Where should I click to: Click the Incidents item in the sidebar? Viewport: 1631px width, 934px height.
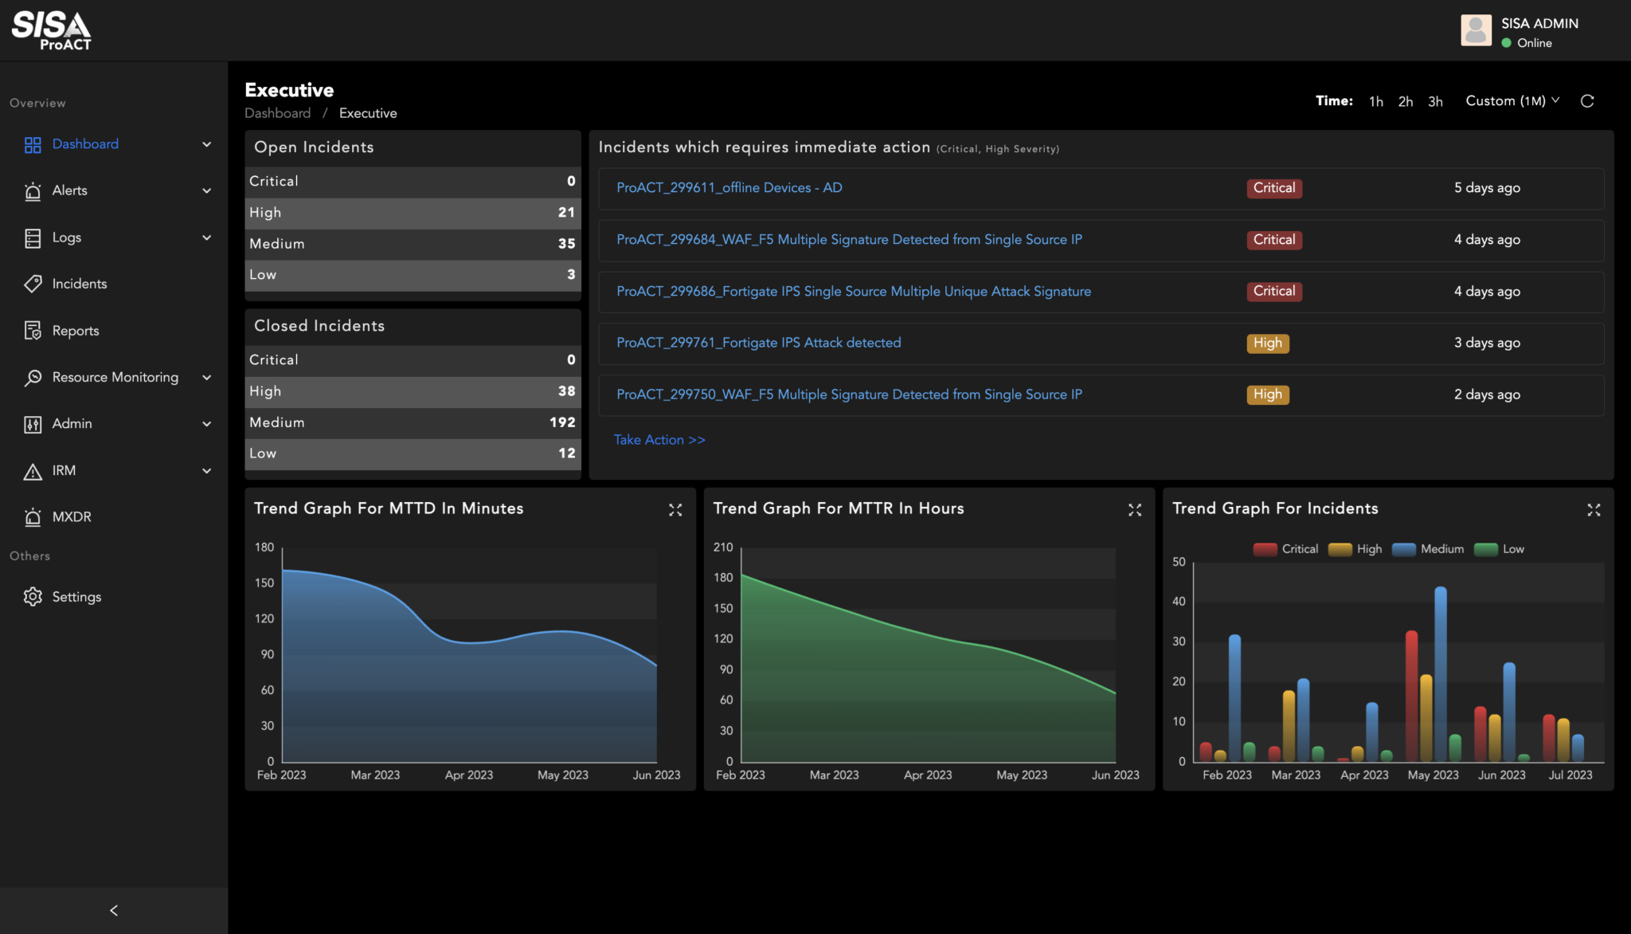pyautogui.click(x=79, y=284)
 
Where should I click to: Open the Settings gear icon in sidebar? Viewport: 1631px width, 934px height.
pyautogui.click(x=33, y=596)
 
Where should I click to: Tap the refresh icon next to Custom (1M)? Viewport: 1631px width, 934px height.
pyautogui.click(x=1586, y=101)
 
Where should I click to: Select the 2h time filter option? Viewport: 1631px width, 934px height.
pyautogui.click(x=1405, y=101)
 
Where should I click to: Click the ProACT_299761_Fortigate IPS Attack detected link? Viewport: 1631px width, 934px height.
pyautogui.click(x=758, y=343)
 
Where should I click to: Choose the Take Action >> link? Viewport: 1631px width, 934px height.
pyautogui.click(x=659, y=440)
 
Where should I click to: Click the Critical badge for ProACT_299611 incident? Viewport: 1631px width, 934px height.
pyautogui.click(x=1273, y=188)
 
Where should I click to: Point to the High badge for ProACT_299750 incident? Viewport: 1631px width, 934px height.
pyautogui.click(x=1267, y=394)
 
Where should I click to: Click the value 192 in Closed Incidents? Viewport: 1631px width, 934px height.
pyautogui.click(x=562, y=422)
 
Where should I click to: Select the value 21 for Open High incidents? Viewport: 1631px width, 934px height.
pyautogui.click(x=566, y=213)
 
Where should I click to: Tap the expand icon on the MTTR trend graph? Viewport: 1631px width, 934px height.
pyautogui.click(x=1134, y=510)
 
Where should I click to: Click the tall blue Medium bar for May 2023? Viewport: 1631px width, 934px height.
pyautogui.click(x=1440, y=673)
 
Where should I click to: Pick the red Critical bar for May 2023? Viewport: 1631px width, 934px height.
pyautogui.click(x=1411, y=695)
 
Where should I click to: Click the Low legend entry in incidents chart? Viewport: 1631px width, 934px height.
pyautogui.click(x=1500, y=549)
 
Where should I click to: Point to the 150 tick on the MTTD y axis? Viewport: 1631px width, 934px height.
pyautogui.click(x=264, y=583)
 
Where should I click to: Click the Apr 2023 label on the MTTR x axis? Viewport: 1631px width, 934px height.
pyautogui.click(x=928, y=775)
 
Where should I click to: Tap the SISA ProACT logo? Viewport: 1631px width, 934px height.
pyautogui.click(x=52, y=30)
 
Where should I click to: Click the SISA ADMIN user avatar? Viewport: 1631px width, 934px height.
pyautogui.click(x=1476, y=30)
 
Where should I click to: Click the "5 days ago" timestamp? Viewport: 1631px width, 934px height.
pyautogui.click(x=1487, y=188)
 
